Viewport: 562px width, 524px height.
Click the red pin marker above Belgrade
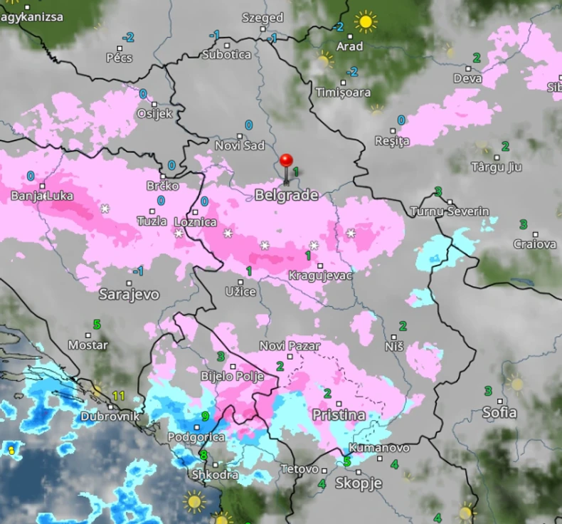287,161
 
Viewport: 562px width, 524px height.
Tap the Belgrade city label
286,195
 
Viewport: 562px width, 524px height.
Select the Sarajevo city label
129,294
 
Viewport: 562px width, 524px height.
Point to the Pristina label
339,414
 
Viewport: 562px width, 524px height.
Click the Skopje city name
359,483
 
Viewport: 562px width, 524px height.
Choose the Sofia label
499,412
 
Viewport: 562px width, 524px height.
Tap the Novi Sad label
240,146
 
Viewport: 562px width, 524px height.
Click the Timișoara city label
343,93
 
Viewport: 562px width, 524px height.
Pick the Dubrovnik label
110,416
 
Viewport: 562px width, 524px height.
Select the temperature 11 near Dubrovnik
118,396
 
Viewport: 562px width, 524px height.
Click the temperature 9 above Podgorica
205,416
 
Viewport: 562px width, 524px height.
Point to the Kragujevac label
320,275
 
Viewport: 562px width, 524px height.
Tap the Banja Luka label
42,196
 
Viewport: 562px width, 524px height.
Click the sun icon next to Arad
366,22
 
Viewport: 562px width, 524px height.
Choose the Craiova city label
535,244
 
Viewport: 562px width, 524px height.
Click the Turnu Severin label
450,211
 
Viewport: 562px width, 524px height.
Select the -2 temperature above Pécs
128,38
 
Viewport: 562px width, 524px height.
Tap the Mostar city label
88,345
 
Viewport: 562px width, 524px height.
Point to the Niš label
394,346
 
